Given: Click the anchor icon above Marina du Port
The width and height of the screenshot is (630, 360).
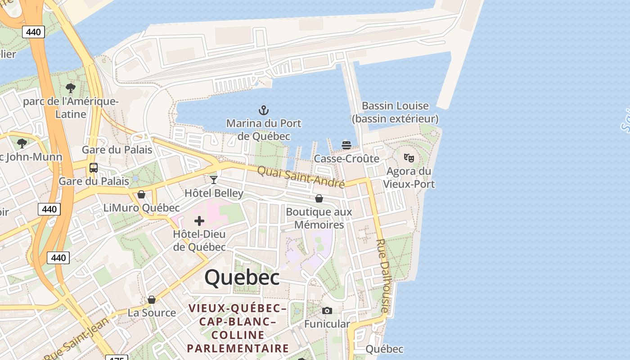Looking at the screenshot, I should point(263,110).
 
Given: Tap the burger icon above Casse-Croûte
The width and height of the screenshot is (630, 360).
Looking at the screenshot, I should point(346,145).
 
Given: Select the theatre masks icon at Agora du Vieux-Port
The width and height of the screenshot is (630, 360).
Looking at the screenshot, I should point(409,157).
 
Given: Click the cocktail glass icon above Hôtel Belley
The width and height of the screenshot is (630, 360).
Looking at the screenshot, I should point(214,180).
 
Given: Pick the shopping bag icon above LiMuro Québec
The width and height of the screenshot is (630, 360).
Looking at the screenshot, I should point(141,194).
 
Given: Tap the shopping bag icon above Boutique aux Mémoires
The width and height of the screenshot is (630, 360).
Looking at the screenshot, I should point(319,198).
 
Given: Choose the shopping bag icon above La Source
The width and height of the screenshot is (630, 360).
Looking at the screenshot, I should point(152,300).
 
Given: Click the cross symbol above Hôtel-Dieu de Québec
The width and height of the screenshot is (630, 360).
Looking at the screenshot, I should point(199,221).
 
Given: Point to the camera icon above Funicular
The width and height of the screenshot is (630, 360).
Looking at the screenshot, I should point(327,310).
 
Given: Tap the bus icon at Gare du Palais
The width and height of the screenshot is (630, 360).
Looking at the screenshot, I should point(94,168).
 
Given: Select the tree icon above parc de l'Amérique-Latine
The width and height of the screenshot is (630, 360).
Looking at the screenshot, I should point(70,88).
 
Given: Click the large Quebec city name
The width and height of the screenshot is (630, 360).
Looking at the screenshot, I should point(242,277).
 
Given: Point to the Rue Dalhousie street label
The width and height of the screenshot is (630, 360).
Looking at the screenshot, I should point(382,275).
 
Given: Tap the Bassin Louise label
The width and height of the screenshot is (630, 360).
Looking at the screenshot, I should point(395,112).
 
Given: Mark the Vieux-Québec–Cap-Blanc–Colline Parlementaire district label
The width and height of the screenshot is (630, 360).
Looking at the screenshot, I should point(238,328).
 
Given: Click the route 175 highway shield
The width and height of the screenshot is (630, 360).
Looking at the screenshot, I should point(117,357).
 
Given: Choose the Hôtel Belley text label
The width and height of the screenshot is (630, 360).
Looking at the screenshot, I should point(214,193).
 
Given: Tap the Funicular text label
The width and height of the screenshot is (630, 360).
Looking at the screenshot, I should point(327,324).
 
